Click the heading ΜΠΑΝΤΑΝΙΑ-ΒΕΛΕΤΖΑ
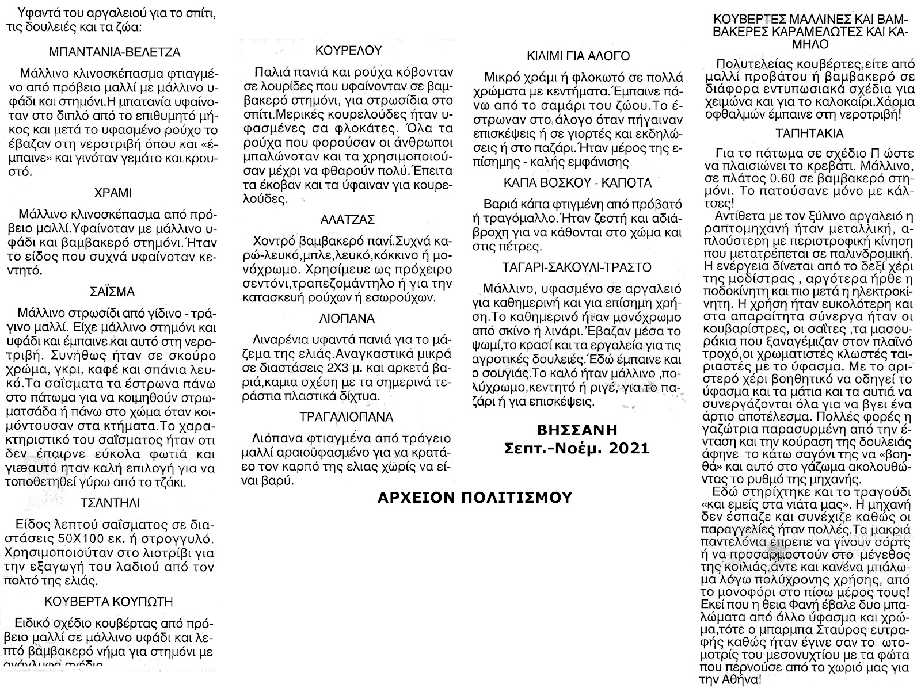(x=115, y=52)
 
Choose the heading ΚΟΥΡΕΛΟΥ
(x=345, y=50)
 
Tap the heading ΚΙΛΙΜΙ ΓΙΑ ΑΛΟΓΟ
(x=579, y=56)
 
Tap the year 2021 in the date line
(x=627, y=447)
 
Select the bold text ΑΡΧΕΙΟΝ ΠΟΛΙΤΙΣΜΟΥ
(x=474, y=497)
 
